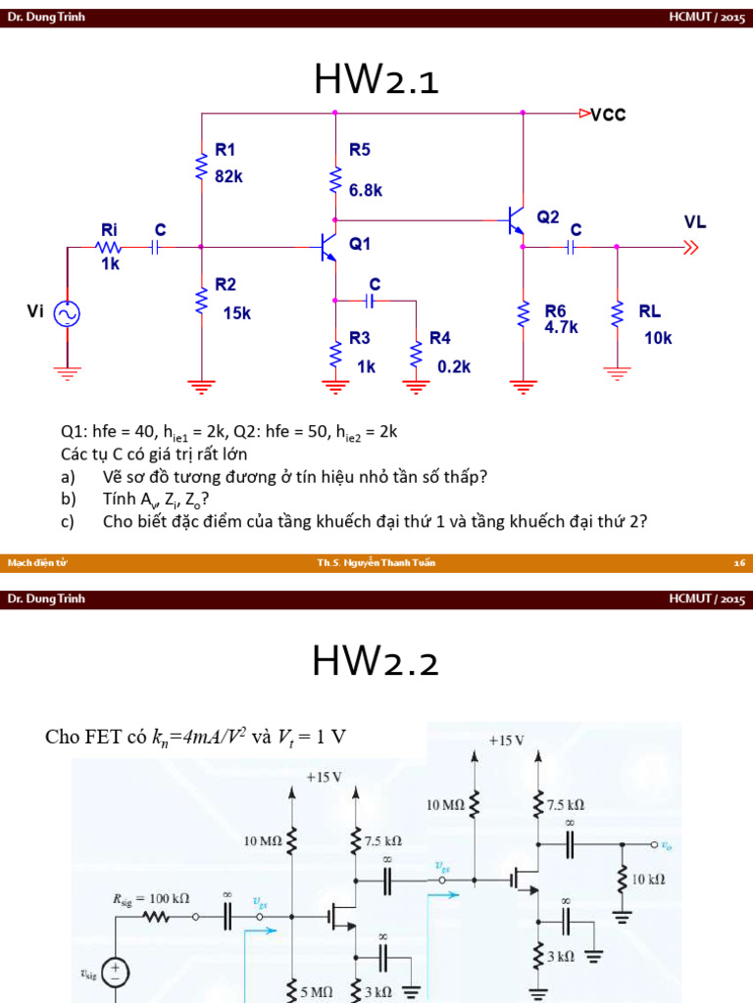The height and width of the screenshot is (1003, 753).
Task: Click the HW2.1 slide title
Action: (x=376, y=80)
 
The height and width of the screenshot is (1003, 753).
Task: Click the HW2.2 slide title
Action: (x=376, y=663)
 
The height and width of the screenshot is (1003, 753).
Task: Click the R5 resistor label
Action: (x=360, y=150)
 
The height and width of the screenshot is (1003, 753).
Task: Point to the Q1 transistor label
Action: (x=360, y=242)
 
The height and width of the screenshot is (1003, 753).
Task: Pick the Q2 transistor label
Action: (x=548, y=216)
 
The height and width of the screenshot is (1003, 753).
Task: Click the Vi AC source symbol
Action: (x=68, y=313)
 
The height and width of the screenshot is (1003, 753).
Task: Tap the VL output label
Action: (x=695, y=222)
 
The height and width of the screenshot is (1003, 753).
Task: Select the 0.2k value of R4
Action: (x=454, y=365)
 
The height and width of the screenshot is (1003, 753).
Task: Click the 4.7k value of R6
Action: (x=562, y=328)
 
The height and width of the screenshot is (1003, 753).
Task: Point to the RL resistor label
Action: (x=650, y=311)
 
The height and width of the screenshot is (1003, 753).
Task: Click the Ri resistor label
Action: (x=109, y=228)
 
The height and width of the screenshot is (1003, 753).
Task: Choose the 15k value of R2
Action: (x=236, y=313)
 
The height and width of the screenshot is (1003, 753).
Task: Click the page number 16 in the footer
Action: (x=740, y=563)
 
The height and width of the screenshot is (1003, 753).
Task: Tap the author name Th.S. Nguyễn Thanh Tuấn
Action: (x=376, y=563)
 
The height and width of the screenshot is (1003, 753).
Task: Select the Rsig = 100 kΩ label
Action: (x=151, y=897)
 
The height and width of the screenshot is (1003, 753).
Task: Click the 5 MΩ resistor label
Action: (x=316, y=992)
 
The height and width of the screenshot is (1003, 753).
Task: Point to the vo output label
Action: (x=666, y=844)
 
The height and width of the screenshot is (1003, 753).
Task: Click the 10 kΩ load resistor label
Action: (x=649, y=879)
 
